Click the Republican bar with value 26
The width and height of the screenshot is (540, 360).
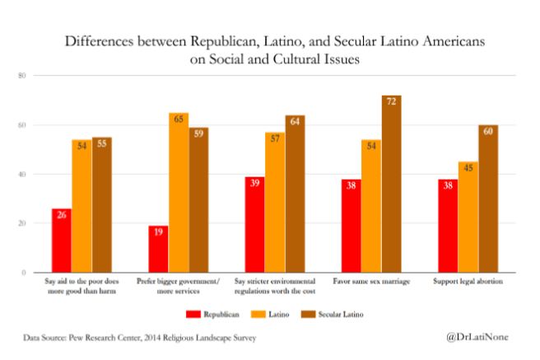click(61, 241)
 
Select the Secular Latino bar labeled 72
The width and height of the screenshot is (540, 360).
click(391, 184)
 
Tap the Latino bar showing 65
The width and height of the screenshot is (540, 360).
click(179, 193)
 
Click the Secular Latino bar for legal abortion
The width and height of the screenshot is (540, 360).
click(488, 199)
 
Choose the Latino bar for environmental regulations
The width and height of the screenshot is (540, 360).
click(275, 203)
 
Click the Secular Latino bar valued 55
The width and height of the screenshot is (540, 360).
click(101, 205)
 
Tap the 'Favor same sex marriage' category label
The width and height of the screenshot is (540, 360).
click(371, 282)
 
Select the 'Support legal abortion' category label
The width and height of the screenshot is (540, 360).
click(468, 282)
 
